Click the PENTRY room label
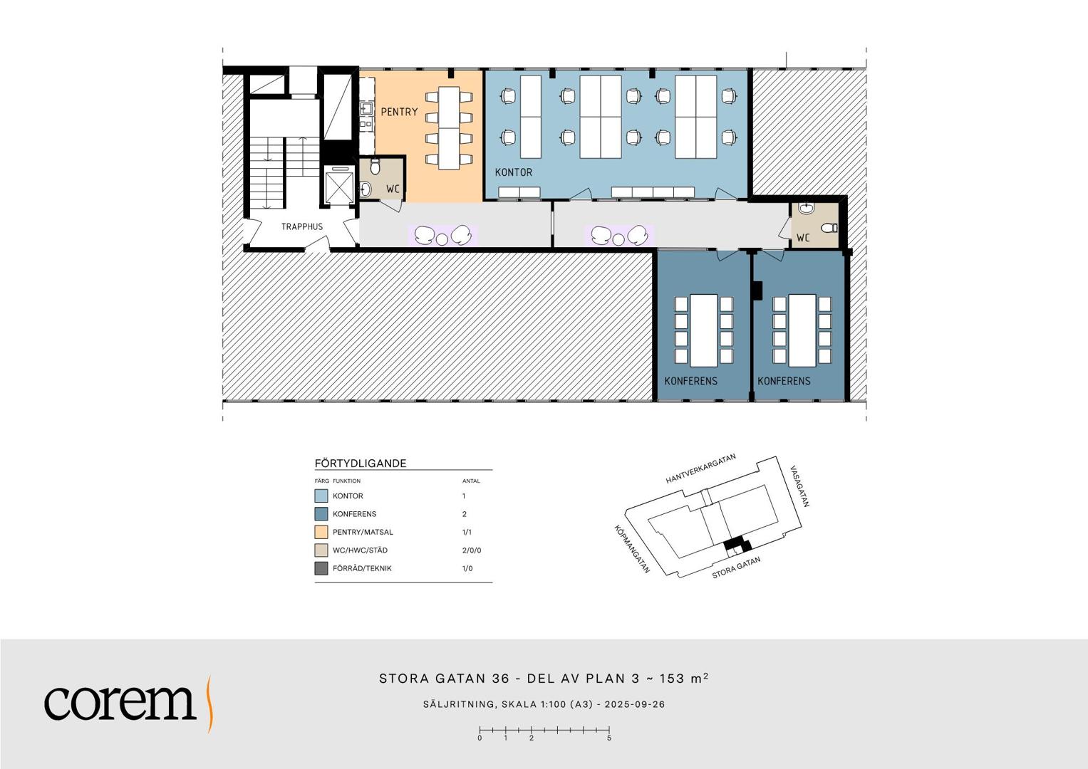point(399,112)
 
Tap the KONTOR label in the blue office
point(514,172)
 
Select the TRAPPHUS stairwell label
point(301,226)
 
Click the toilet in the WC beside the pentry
point(375,167)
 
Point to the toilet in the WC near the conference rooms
point(829,227)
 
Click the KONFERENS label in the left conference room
point(690,381)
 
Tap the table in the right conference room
point(802,330)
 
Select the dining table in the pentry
point(449,127)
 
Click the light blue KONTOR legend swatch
point(321,496)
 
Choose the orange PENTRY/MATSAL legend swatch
point(321,532)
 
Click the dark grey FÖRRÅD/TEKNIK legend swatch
point(321,568)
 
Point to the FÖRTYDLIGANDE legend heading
point(361,463)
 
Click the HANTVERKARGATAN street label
point(700,469)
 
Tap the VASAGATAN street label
point(799,486)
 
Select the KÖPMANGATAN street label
point(632,549)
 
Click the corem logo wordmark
point(120,703)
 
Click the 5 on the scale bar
point(609,738)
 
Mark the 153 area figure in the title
point(672,678)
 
